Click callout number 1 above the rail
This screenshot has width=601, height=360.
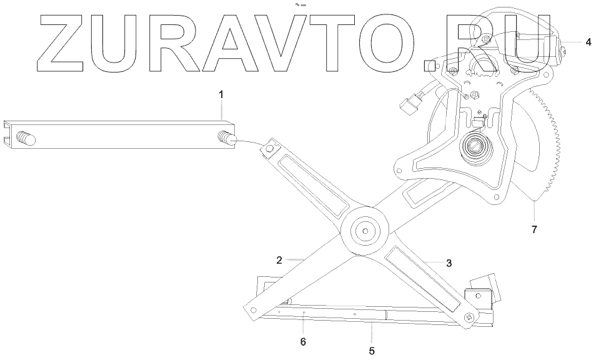click(221, 94)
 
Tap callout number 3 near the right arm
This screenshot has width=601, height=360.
click(449, 263)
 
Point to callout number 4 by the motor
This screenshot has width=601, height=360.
click(588, 42)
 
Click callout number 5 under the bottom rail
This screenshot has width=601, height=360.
click(372, 351)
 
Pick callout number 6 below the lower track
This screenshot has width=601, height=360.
click(304, 341)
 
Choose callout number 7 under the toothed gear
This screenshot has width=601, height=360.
click(534, 229)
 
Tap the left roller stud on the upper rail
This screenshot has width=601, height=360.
click(27, 138)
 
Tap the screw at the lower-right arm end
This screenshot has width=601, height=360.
click(470, 317)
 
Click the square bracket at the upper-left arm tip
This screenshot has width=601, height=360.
click(271, 149)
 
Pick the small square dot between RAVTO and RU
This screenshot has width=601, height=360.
click(429, 64)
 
